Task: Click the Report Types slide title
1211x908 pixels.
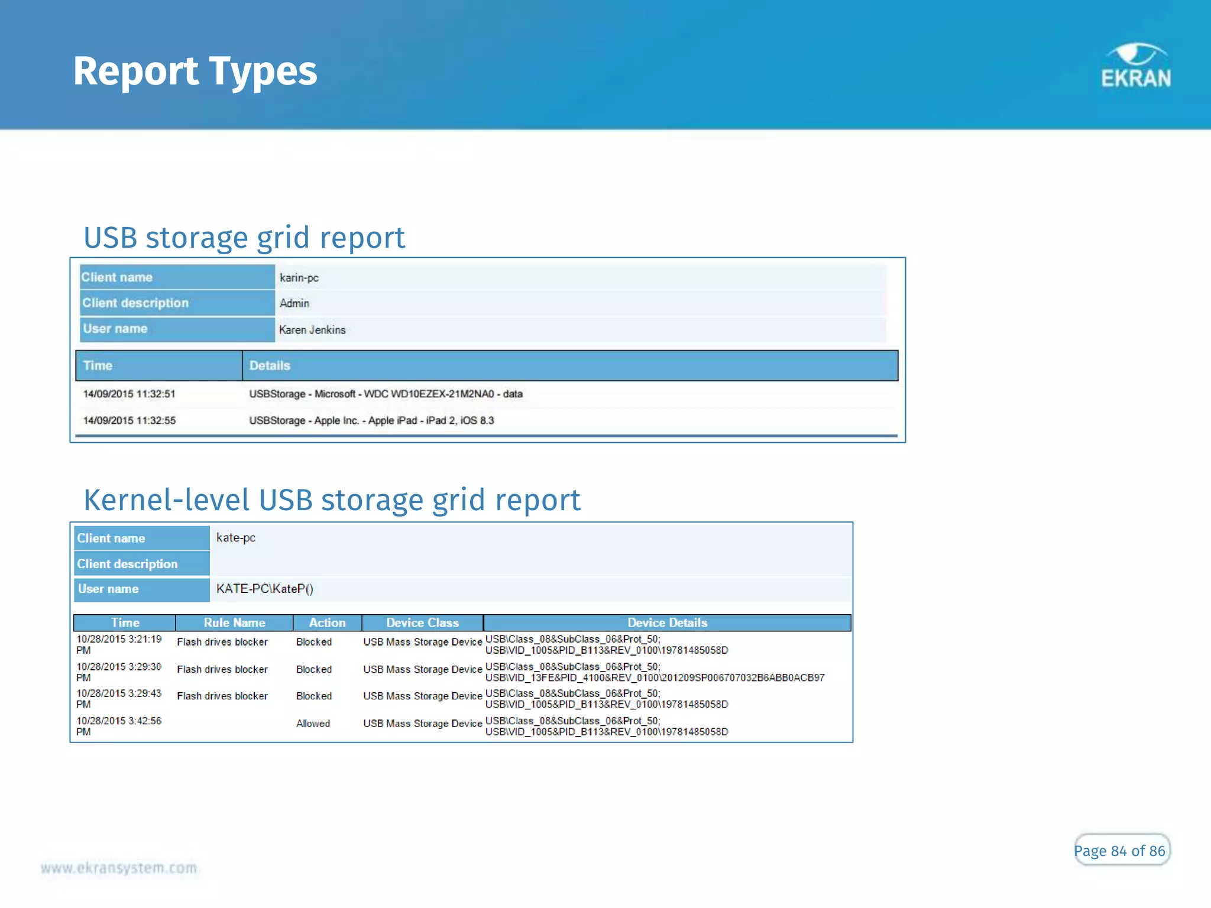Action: coord(195,72)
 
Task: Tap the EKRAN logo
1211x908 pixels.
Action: coord(1135,66)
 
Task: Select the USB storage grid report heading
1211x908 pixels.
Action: coord(244,238)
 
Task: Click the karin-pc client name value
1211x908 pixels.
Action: coord(299,278)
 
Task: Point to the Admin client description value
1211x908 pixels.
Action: coord(294,303)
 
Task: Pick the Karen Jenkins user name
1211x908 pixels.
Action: coord(312,330)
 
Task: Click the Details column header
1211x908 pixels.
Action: coord(270,365)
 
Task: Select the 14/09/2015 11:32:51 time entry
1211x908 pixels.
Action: coord(129,394)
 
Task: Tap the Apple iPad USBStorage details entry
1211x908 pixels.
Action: coord(371,420)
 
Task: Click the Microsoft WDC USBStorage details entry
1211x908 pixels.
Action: coord(386,394)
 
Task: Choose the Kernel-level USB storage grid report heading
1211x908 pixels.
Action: coord(332,500)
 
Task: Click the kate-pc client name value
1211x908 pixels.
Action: coord(236,537)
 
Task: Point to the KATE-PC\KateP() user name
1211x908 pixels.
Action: coord(264,589)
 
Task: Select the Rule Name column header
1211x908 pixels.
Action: coord(234,622)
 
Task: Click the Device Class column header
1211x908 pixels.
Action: coord(422,622)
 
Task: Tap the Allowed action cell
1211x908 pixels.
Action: coord(313,724)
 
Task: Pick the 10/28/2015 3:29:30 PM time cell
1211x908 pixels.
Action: coord(119,672)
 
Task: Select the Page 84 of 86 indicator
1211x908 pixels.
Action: coord(1119,851)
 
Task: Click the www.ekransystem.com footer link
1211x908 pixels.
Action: coord(119,868)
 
